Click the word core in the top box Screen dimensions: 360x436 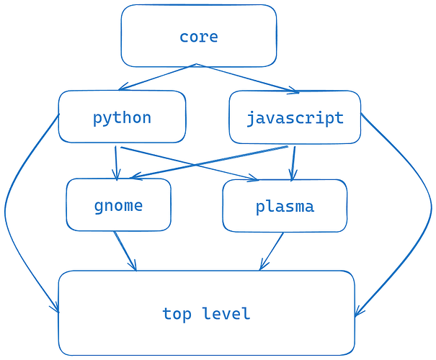[x=198, y=37]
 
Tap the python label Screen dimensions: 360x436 [x=122, y=117]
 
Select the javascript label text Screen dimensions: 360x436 [x=295, y=117]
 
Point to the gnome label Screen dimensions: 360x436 [x=118, y=205]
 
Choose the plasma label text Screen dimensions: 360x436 [x=285, y=207]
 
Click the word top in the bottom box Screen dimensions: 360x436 [x=177, y=314]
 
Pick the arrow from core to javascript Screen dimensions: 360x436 [x=245, y=78]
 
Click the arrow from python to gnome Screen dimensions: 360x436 [x=115, y=163]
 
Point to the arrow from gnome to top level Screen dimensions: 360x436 [x=124, y=250]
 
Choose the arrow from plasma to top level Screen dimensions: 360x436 [x=272, y=251]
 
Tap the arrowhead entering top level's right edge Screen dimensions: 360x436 [x=358, y=311]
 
